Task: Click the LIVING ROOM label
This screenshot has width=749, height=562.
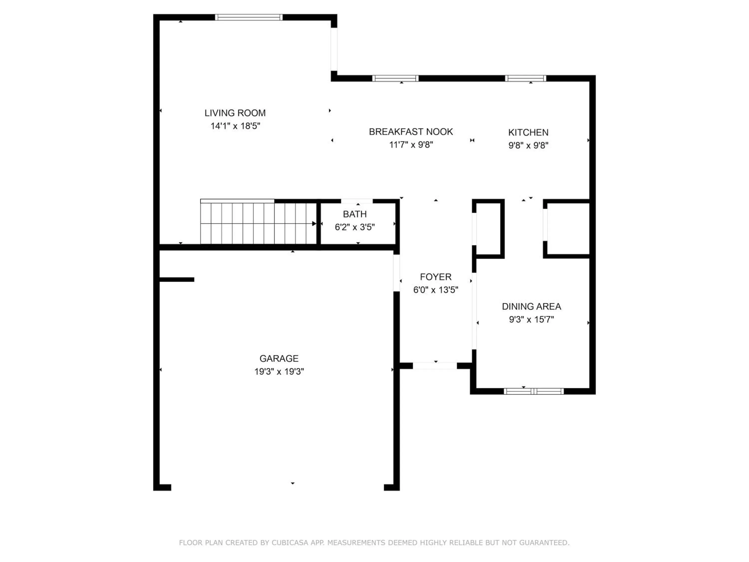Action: click(x=235, y=113)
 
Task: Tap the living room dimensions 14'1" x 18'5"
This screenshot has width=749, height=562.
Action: click(x=235, y=126)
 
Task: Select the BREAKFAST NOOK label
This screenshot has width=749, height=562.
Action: click(x=411, y=132)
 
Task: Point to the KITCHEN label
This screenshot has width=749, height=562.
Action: click(x=528, y=132)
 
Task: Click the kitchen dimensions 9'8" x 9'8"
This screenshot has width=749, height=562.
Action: click(x=528, y=145)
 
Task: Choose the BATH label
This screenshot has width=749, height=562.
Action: click(x=355, y=214)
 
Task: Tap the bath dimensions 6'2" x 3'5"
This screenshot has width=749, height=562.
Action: click(x=355, y=227)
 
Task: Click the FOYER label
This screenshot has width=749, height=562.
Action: click(x=435, y=277)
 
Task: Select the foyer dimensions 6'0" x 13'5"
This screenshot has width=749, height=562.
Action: click(x=435, y=290)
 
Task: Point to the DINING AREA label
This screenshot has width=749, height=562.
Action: click(x=531, y=306)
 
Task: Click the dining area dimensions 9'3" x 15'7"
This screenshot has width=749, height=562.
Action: click(x=531, y=319)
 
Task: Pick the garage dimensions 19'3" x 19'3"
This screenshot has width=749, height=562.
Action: click(x=279, y=372)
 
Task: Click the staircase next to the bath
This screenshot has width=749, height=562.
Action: click(x=258, y=222)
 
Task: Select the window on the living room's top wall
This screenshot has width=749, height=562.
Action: click(x=248, y=17)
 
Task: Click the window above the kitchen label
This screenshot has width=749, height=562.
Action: click(x=526, y=78)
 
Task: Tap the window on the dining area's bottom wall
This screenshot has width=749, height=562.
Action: click(x=534, y=391)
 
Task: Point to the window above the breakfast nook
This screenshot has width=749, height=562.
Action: click(x=395, y=78)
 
